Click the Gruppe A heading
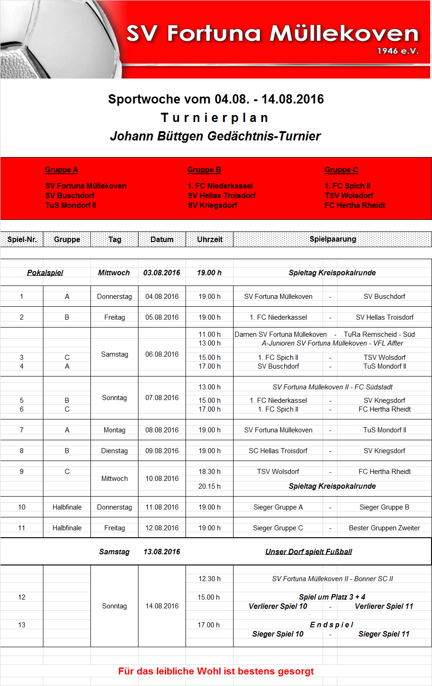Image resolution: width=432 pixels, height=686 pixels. pos(61,170)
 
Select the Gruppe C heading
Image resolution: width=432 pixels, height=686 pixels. pos(341,170)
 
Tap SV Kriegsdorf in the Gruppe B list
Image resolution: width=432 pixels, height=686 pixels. pos(212,205)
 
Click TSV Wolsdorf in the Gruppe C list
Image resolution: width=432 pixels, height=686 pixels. pos(349,195)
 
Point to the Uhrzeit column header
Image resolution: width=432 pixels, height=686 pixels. pos(210,239)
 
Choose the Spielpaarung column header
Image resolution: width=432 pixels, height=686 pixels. pos(333,239)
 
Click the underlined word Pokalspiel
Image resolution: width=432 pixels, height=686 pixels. pos(45,273)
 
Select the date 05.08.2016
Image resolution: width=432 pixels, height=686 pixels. pos(162,317)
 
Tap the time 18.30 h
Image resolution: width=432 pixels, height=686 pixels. pos(210,472)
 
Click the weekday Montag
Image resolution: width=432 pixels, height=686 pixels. pos(114,430)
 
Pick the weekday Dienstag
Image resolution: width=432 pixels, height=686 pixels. pos(114,451)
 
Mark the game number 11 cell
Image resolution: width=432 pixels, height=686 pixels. pos(22,528)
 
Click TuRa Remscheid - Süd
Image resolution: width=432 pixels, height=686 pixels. pos(379,334)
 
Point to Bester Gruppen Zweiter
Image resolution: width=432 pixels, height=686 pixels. pos(384,528)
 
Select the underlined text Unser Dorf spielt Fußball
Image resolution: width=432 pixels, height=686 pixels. pos(308,552)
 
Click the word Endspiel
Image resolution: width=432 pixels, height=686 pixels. pos(332,625)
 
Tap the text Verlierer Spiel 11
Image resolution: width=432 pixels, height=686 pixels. pos(384,606)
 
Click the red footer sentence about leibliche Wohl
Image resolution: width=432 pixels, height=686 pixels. pos(216,671)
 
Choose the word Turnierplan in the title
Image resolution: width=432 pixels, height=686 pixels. pos(215,118)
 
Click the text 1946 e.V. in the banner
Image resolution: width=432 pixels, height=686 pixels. pos(398,51)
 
